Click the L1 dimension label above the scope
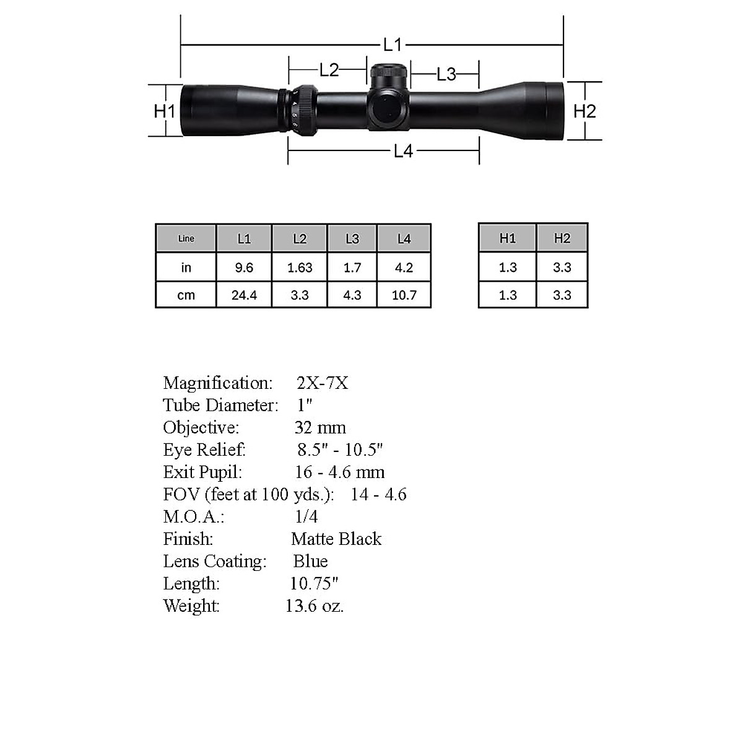pos(393,45)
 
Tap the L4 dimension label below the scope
pos(403,150)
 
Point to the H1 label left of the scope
pos(165,111)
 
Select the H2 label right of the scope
pos(584,111)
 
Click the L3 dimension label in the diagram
pos(446,74)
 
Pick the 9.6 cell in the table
pos(244,267)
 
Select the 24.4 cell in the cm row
pos(244,295)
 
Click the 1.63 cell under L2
pos(300,267)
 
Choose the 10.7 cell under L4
pos(404,295)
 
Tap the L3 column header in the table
pos(352,238)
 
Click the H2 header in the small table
pos(562,238)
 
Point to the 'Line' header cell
pos(186,238)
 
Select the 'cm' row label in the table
pos(186,295)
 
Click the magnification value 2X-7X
pos(323,383)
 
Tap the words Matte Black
pos(336,539)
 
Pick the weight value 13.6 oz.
pos(315,606)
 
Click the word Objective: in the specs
pos(201,428)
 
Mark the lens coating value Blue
pos(311,561)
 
